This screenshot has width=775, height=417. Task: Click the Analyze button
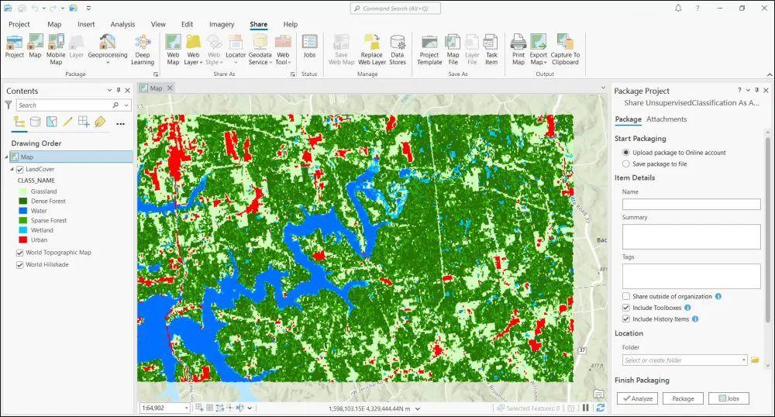636,398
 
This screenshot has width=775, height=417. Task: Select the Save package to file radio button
626,164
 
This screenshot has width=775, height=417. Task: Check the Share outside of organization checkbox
626,297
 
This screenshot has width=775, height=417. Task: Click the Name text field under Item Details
691,205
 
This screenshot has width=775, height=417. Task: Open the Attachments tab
666,119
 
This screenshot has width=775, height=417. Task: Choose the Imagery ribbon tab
222,25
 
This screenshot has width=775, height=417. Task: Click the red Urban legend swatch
22,240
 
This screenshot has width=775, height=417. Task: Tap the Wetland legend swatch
22,230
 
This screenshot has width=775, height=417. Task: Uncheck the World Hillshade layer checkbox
19,265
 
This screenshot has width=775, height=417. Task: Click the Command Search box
395,9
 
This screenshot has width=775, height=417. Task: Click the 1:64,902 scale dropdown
164,408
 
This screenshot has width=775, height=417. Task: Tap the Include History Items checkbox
626,319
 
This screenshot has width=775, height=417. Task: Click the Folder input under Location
685,360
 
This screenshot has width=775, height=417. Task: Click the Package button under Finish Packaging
683,398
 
